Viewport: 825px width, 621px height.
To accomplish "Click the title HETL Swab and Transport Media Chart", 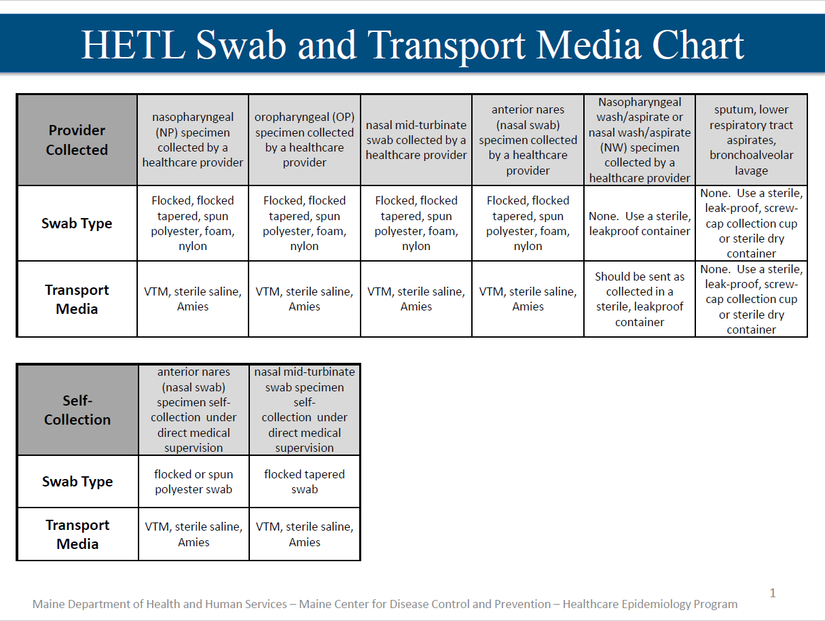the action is [412, 45].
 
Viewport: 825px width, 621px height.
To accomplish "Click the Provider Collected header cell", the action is [77, 140].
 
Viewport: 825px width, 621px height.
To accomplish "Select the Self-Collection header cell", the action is [77, 410].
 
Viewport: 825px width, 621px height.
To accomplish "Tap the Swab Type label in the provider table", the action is [77, 224].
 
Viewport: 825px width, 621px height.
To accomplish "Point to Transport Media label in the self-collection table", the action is [77, 534].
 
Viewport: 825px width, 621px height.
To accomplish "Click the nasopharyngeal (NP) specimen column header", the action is [193, 140].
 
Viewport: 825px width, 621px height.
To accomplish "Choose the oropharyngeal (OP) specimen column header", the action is [304, 140].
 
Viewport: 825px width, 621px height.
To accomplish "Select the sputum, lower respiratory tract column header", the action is [752, 140].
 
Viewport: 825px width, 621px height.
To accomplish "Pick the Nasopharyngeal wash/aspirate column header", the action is [640, 140].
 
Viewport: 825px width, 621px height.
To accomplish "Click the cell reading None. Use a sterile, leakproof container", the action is [640, 224].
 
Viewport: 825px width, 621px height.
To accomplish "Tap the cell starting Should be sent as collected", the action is [640, 299].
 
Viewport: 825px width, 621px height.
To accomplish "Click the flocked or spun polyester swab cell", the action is [194, 482].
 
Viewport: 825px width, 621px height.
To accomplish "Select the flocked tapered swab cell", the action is [304, 482].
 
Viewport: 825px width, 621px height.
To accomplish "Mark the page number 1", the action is [773, 593].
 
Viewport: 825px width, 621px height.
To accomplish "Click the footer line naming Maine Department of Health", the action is [385, 604].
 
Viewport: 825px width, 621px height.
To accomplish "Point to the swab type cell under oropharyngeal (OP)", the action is [304, 224].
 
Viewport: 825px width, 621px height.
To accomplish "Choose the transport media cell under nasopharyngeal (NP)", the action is [193, 299].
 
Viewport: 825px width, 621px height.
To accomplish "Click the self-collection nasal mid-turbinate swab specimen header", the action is [304, 410].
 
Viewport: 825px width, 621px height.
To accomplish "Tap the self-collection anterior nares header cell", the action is [194, 410].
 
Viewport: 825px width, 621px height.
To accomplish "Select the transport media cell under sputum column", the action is [752, 299].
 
